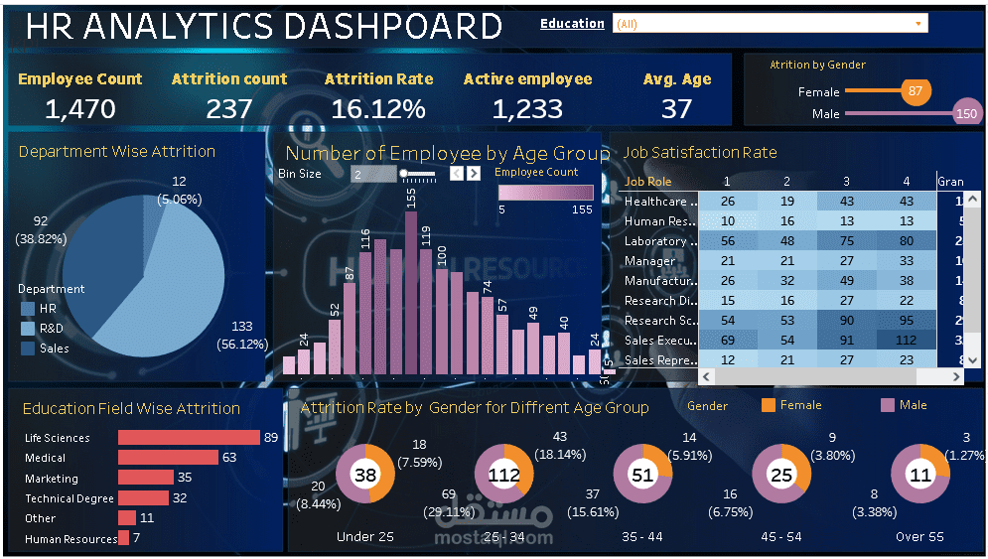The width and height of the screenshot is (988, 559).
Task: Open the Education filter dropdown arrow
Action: pos(918,23)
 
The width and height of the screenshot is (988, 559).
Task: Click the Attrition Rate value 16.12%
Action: pos(378,108)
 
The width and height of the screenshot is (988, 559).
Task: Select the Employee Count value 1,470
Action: pos(79,108)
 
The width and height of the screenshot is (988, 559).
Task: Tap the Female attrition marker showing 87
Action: pos(915,92)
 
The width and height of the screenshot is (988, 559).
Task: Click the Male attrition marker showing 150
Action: pos(965,114)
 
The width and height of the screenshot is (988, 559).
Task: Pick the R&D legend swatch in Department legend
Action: pos(28,329)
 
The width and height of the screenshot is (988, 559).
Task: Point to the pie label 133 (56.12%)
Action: pos(242,335)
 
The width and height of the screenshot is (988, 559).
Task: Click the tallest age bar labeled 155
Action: pos(411,293)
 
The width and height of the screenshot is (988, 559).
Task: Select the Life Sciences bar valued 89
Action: pos(188,438)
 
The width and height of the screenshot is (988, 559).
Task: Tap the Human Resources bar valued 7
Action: pos(123,538)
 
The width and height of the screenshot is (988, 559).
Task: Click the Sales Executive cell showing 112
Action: pos(906,341)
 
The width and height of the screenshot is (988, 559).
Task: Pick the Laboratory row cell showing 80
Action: pos(906,241)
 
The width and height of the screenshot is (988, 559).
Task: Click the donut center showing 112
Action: pos(504,475)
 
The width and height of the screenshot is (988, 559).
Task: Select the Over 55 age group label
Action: pos(918,536)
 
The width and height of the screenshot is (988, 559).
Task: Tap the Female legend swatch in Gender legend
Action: pos(768,405)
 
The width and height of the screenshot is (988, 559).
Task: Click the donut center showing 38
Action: pos(365,475)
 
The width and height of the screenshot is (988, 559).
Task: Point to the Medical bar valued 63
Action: pos(168,458)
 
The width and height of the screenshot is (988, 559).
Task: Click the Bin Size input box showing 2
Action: pos(373,174)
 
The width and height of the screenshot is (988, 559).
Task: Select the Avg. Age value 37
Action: pos(676,108)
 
